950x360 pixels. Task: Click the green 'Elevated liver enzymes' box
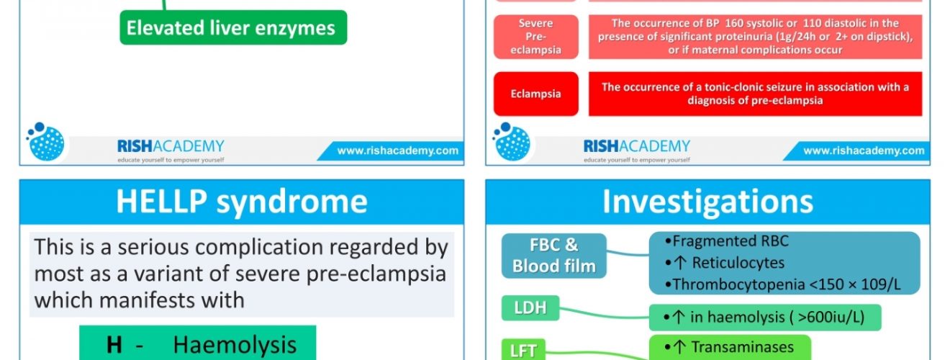(x=233, y=27)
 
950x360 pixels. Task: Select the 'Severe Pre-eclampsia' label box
(x=535, y=37)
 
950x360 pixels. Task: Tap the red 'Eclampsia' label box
(x=535, y=94)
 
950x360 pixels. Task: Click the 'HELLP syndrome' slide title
(x=242, y=201)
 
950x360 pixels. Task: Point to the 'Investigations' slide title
(x=708, y=201)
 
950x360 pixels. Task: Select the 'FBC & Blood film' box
(x=554, y=256)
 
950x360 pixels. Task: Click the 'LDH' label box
(x=530, y=307)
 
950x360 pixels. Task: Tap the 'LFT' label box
(x=523, y=349)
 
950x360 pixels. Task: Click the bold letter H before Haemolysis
(x=114, y=345)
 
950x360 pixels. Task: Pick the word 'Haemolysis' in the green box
(x=235, y=345)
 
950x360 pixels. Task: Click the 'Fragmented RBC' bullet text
(x=727, y=241)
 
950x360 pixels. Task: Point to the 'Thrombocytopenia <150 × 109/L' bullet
(x=783, y=284)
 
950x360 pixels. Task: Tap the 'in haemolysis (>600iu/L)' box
(x=765, y=317)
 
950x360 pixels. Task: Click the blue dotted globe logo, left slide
(x=46, y=142)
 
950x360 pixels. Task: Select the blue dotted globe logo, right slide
(x=512, y=142)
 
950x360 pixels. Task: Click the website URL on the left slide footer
(x=398, y=150)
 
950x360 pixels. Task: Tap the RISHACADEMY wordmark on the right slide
(x=637, y=146)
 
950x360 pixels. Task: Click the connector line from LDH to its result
(x=605, y=314)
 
